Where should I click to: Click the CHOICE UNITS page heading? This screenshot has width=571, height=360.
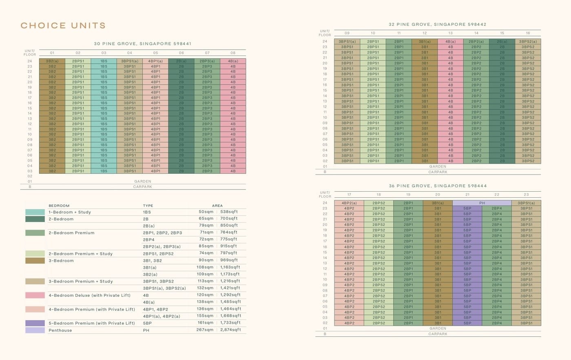point(63,26)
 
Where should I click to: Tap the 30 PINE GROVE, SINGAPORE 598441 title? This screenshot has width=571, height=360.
point(142,44)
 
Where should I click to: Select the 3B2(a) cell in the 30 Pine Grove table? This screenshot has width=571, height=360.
point(52,61)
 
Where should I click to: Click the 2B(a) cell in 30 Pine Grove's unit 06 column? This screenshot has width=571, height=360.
point(181,61)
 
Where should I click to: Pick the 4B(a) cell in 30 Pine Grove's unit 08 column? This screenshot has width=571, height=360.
point(233,61)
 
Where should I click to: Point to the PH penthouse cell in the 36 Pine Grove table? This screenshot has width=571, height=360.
point(482,203)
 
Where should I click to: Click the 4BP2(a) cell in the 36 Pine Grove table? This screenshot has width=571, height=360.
point(349,203)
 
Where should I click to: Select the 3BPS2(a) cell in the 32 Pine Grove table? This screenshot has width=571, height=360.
point(528,42)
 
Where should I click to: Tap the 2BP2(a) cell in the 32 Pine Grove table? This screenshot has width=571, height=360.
point(476,42)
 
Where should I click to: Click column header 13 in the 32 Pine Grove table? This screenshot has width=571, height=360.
point(450,33)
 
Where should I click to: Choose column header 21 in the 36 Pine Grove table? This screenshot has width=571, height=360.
point(467,194)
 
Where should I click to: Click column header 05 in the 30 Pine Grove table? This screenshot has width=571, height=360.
point(155,53)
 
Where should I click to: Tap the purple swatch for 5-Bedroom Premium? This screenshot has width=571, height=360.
point(35,323)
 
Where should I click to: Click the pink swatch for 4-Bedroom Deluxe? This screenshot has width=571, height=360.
point(35,295)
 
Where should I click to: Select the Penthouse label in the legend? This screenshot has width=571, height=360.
point(60,330)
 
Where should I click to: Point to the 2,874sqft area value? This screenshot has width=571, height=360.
point(230,330)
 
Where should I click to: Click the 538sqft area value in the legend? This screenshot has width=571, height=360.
point(229,212)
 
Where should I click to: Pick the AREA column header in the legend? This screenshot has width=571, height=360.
point(217,205)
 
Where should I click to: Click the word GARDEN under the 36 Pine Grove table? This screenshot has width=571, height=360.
point(438,328)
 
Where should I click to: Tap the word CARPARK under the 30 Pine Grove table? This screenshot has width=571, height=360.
point(142,187)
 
